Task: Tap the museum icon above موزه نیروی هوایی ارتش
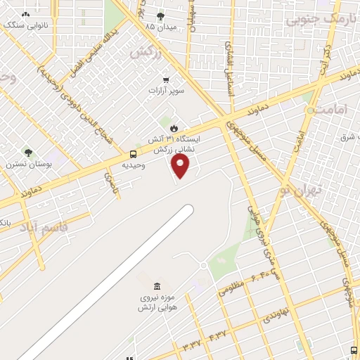click(x=156, y=286)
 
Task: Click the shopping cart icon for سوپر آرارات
click(x=166, y=79)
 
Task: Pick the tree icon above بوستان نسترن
click(x=28, y=152)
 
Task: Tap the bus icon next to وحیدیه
click(x=133, y=154)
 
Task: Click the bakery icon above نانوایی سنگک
click(x=26, y=14)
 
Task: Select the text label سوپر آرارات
click(x=166, y=91)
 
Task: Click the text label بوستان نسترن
click(x=26, y=164)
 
